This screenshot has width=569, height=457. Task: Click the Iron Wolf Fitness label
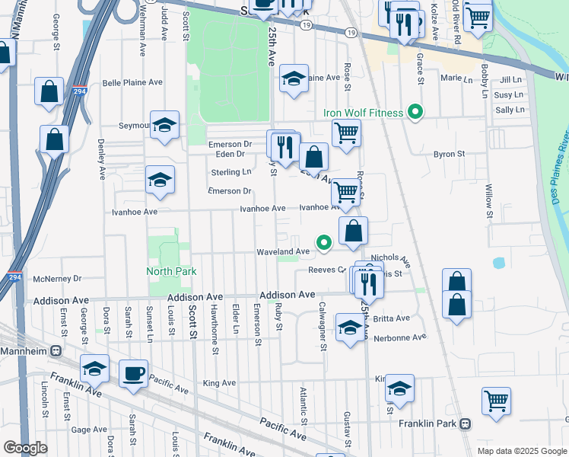363,113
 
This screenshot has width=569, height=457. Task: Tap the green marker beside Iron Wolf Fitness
415,113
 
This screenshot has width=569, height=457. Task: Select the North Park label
172,271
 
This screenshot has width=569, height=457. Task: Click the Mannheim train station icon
56,351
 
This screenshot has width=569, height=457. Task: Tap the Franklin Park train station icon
465,423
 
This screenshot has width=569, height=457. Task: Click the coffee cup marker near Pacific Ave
134,374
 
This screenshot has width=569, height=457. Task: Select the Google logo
25,448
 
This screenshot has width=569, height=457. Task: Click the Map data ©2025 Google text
523,451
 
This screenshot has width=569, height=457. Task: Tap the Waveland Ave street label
283,251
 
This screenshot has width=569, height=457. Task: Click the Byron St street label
449,154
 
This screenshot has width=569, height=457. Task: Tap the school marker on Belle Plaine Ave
294,78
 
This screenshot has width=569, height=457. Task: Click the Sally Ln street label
510,110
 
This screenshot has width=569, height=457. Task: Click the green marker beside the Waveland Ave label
324,244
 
